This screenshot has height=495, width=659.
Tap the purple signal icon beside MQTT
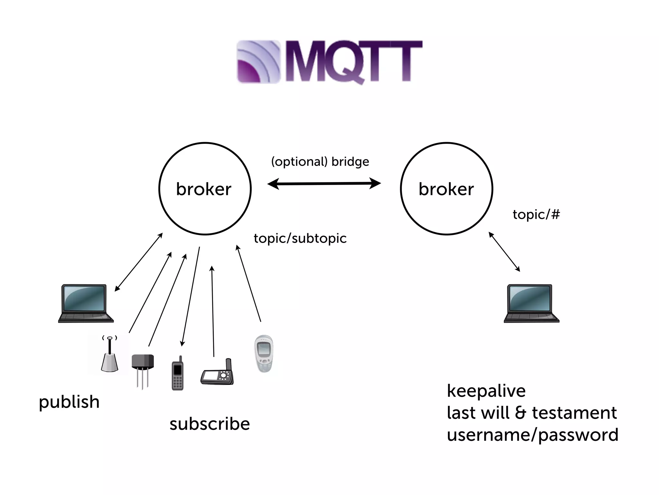[x=258, y=62]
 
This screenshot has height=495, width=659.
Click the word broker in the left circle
[x=204, y=189]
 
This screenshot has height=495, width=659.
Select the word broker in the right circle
[x=446, y=189]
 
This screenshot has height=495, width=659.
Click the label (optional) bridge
[x=320, y=161]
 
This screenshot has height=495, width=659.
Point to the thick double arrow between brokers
[x=324, y=184]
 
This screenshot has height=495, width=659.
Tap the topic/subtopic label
[x=300, y=238]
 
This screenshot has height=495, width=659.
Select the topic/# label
[x=536, y=214]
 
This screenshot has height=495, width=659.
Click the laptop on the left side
[x=86, y=303]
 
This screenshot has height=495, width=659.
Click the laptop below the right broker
[x=531, y=303]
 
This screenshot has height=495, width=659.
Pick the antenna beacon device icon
[x=109, y=354]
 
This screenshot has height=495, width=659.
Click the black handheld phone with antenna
[x=177, y=374]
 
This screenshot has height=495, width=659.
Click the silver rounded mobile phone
[x=264, y=354]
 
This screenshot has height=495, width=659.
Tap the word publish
[x=69, y=402]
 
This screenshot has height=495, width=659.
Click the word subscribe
[x=209, y=424]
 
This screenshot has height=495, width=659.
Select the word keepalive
[x=486, y=391]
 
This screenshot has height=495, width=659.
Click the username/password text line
[x=533, y=435]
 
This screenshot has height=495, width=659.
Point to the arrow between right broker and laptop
[x=504, y=252]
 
